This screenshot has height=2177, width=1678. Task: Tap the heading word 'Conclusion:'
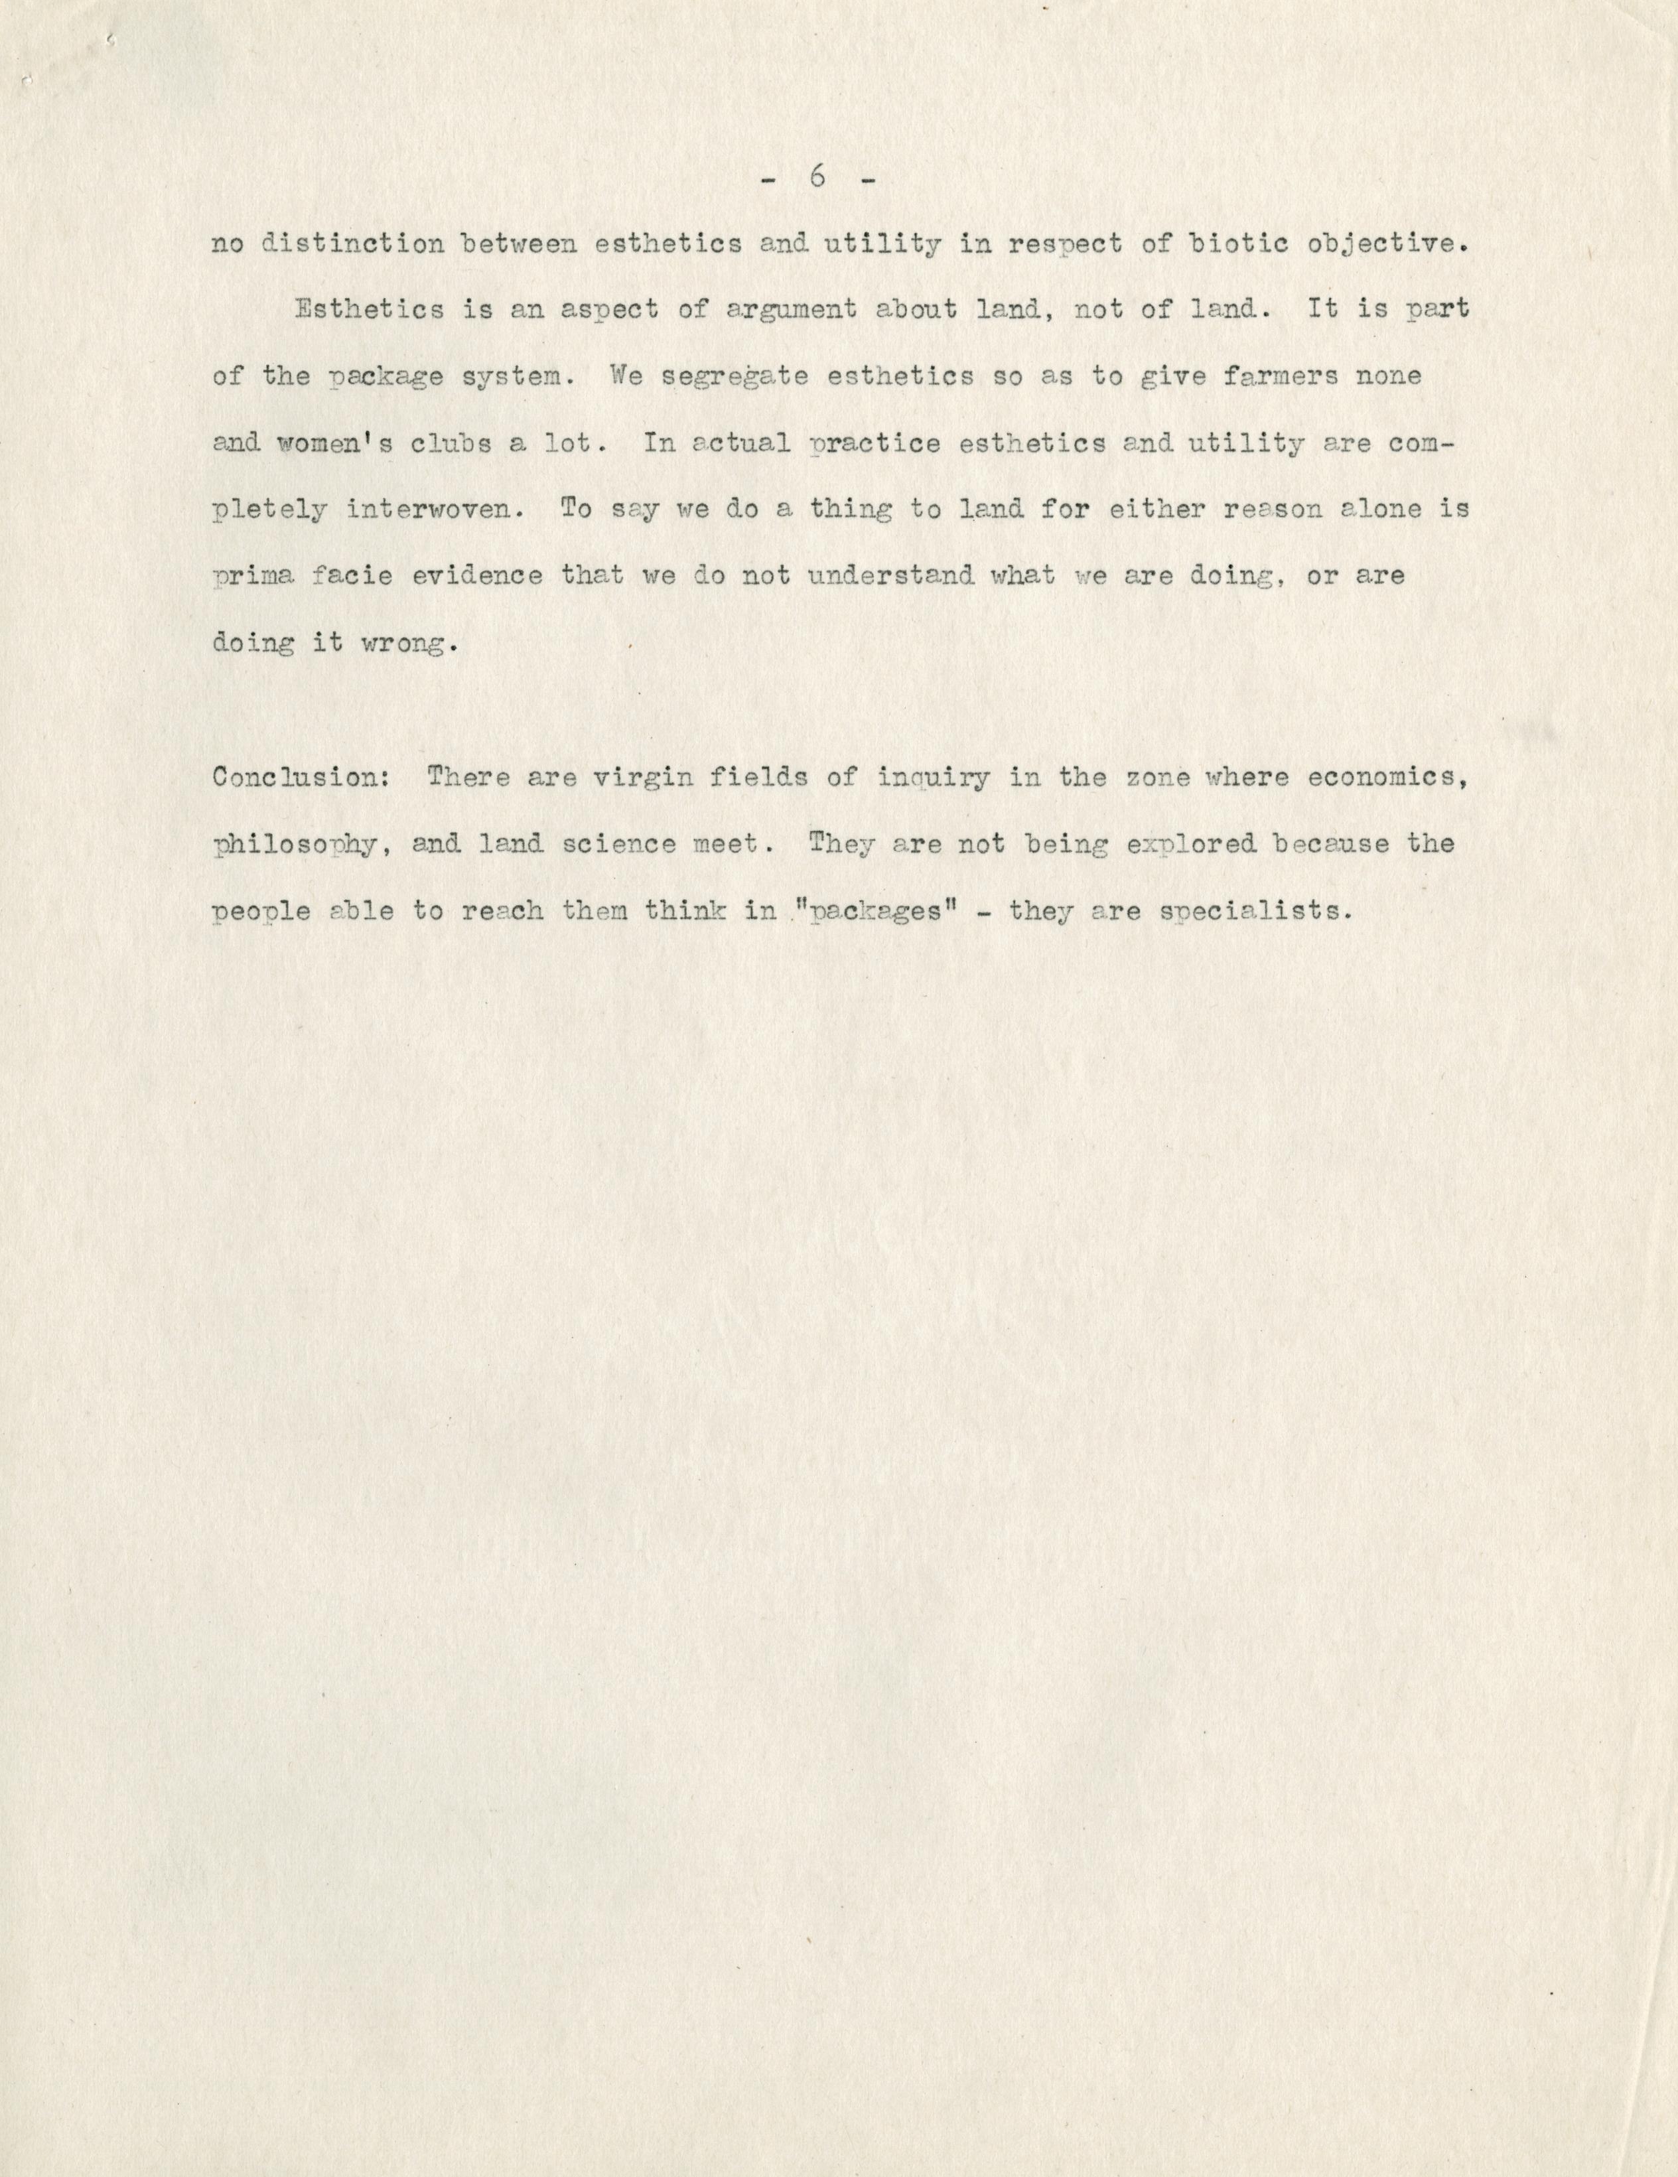click(x=300, y=778)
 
